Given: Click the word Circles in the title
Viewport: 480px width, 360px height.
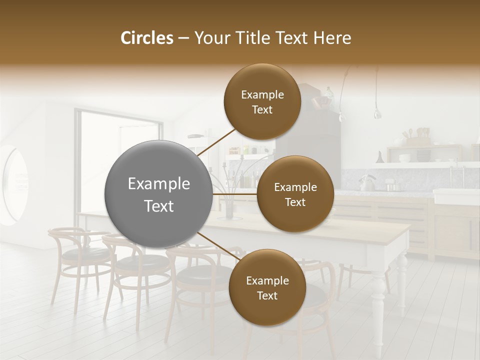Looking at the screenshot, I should [x=147, y=38].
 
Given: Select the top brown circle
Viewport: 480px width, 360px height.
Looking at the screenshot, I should [x=262, y=102].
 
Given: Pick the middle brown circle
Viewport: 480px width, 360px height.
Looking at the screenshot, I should [x=295, y=194].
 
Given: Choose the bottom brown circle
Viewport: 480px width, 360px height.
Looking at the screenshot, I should [x=267, y=287].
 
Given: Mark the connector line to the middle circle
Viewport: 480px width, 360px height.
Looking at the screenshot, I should [x=235, y=194].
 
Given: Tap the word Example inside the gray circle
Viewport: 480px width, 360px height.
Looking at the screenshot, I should [x=159, y=184].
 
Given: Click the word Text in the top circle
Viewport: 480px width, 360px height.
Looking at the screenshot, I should [x=262, y=110].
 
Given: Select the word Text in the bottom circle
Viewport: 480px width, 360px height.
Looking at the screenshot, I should [x=267, y=296].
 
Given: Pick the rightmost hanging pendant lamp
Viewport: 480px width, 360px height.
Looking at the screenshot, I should [x=377, y=112].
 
